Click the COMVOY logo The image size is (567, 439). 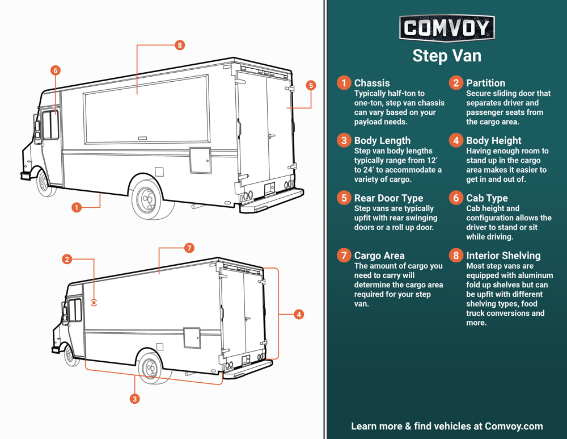pyautogui.click(x=447, y=28)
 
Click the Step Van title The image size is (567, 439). pyautogui.click(x=447, y=56)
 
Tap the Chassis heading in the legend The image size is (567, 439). pyautogui.click(x=372, y=83)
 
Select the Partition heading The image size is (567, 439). pyautogui.click(x=485, y=83)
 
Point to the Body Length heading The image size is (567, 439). pyautogui.click(x=382, y=140)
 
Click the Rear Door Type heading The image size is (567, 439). pyautogui.click(x=388, y=198)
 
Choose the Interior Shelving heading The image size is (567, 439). pyautogui.click(x=503, y=256)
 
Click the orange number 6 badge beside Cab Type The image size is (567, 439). pyautogui.click(x=456, y=198)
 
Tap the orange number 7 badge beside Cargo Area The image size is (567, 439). pyautogui.click(x=344, y=256)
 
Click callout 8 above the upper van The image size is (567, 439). pyautogui.click(x=180, y=45)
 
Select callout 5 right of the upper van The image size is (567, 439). pyautogui.click(x=310, y=85)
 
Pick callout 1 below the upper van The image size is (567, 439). pyautogui.click(x=77, y=208)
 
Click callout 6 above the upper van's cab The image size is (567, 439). pyautogui.click(x=55, y=70)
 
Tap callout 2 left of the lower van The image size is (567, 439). pyautogui.click(x=67, y=259)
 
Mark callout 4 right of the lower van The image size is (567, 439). pyautogui.click(x=299, y=314)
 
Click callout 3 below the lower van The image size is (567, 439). pyautogui.click(x=134, y=399)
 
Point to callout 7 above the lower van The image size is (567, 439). pyautogui.click(x=189, y=248)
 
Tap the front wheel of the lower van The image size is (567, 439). pyautogui.click(x=70, y=356)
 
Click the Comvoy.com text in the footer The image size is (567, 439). pyautogui.click(x=514, y=426)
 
